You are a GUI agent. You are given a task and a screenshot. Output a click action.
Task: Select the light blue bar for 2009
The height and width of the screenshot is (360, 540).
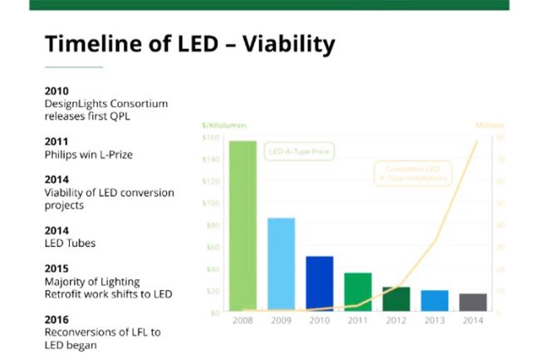click(281, 264)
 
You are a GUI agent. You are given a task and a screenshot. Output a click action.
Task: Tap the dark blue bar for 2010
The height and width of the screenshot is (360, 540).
click(320, 284)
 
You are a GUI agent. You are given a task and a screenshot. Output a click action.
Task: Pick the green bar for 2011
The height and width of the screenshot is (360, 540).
click(358, 292)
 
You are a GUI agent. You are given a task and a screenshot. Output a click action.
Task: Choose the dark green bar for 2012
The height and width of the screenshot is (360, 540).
click(396, 299)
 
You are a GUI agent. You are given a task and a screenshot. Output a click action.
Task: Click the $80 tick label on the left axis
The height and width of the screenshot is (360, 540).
click(212, 224)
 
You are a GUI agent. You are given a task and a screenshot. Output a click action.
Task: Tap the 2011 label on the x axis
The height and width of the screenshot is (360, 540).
click(358, 321)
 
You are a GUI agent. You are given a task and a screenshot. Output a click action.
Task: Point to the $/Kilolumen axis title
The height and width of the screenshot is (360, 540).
click(223, 125)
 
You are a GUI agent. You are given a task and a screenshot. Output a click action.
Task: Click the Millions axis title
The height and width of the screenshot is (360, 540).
click(489, 125)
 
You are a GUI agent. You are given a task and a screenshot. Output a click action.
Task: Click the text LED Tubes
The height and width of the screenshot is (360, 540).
click(70, 243)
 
